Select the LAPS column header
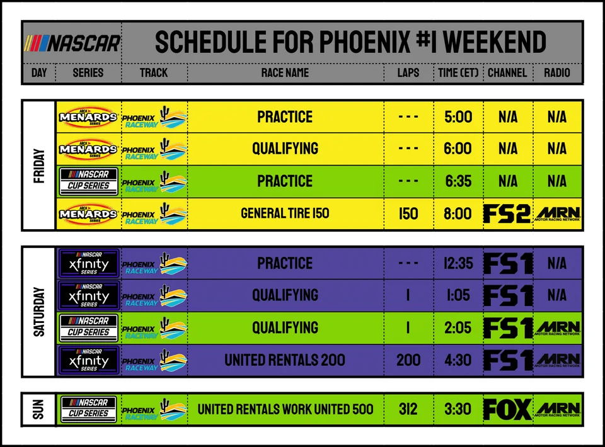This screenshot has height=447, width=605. tap(408, 73)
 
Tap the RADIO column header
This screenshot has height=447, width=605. tap(556, 73)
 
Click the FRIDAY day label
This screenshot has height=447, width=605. tap(39, 166)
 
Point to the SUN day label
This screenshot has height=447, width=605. tap(38, 409)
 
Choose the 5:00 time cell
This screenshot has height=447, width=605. tap(458, 116)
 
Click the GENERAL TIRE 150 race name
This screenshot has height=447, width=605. tap(285, 213)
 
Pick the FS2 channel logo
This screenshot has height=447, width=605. tap(507, 213)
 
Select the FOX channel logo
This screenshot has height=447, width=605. tap(507, 409)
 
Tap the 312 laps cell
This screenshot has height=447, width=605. tap(408, 409)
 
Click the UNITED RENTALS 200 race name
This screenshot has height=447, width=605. tap(285, 360)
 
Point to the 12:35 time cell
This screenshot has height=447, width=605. tap(458, 263)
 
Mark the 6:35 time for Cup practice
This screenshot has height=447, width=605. tap(458, 181)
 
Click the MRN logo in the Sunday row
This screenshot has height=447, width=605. tap(558, 410)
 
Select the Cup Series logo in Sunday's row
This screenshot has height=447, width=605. tap(89, 409)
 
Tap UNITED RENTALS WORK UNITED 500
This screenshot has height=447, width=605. tap(285, 409)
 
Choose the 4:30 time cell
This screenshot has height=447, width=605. tap(458, 360)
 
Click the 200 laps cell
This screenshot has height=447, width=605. tap(408, 360)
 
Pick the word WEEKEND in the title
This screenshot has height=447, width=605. tap(494, 42)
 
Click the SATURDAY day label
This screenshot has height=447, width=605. tap(39, 312)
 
